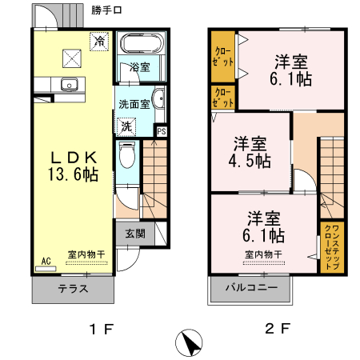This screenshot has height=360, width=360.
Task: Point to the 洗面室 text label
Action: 134,104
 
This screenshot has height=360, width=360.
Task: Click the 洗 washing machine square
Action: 126,126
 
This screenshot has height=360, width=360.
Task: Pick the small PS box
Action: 162,132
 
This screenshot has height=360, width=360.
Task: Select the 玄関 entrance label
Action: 135,234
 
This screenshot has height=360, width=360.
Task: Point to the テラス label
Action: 73,288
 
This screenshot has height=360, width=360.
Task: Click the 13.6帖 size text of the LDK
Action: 71,174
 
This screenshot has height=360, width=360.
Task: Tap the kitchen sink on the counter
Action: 66,84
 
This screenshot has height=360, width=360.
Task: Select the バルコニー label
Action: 250,287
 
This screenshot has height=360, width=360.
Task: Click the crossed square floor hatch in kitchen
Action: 74,56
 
